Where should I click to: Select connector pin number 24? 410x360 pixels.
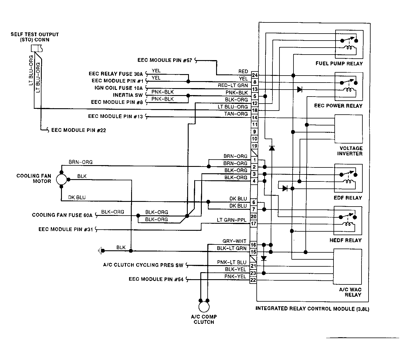255,75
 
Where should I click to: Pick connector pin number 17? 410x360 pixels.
253,223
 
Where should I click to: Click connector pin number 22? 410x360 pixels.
253,280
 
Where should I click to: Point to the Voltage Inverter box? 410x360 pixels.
348,129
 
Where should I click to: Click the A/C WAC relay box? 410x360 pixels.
348,267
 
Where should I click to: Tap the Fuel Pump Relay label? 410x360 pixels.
339,64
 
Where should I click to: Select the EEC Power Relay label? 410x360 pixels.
338,106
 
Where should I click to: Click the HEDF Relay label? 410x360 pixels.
345,240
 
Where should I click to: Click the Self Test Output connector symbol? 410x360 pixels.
37,48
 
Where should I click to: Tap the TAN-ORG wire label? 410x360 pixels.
236,114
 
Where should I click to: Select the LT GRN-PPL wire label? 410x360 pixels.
232,220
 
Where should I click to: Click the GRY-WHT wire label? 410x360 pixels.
234,241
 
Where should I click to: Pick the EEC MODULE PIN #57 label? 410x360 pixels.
165,60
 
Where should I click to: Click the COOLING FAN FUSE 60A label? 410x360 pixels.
62,215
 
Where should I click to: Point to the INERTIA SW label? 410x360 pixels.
128,95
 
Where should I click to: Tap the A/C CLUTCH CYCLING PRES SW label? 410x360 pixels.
143,265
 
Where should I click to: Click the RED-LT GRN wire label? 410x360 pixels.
233,85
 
